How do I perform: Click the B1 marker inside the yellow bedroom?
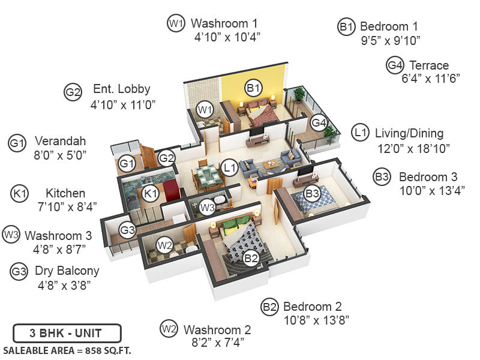coord(253,88)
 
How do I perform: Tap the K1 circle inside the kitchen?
coord(150,193)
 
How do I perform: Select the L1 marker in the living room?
coord(228,167)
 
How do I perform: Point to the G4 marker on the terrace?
coord(319,123)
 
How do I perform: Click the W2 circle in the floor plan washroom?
coord(164,245)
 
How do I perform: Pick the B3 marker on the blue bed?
coord(312,193)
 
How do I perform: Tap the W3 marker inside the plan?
coord(208,207)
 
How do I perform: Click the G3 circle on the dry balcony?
coord(127,229)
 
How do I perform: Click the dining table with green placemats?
coord(205,176)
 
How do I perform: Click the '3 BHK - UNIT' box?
coord(67,333)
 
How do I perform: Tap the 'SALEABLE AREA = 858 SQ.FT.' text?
coord(67,349)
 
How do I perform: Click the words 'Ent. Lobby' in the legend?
coord(122,89)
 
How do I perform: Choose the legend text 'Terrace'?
coord(428,65)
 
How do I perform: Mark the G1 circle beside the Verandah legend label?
coord(17,143)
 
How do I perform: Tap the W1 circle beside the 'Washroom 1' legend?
coord(175,24)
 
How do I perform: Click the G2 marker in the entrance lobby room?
coord(166,158)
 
